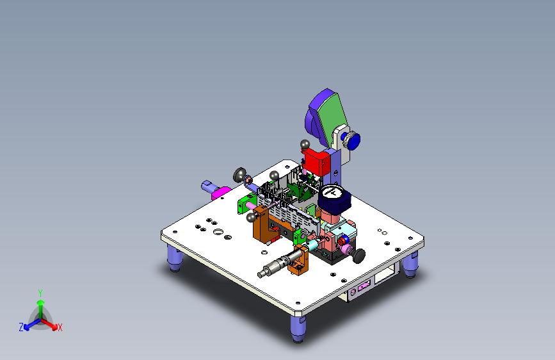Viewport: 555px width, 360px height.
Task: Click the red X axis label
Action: pos(60,327)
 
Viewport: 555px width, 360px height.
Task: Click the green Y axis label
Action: pos(40,293)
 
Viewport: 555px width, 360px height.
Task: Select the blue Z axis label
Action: pos(21,327)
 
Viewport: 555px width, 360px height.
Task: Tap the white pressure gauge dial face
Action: pos(332,192)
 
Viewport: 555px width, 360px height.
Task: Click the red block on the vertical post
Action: pos(316,161)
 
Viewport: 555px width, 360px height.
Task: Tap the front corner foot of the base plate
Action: pos(298,329)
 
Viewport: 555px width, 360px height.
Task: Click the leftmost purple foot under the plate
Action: pos(175,258)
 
